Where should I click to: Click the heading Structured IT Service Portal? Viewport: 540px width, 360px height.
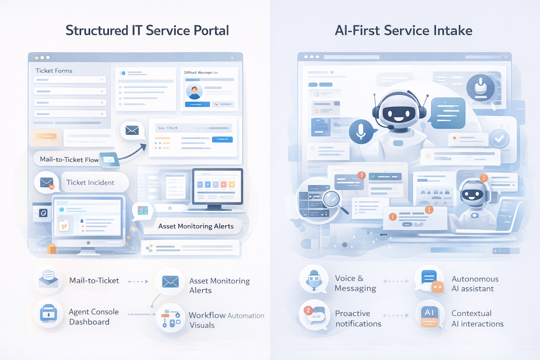(x=147, y=31)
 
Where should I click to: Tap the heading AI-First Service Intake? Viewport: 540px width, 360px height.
(x=403, y=31)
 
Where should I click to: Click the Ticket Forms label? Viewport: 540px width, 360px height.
(x=54, y=71)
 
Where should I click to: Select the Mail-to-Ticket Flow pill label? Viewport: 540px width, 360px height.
(x=69, y=159)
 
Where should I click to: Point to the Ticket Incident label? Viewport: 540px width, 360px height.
(x=90, y=182)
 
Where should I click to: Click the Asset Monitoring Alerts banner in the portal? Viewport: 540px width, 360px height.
(x=196, y=226)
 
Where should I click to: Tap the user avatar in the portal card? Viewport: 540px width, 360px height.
(x=194, y=91)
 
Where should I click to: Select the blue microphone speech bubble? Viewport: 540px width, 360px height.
(x=361, y=131)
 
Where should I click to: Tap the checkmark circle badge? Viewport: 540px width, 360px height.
(x=499, y=139)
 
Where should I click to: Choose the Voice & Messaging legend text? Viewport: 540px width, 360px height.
(x=355, y=283)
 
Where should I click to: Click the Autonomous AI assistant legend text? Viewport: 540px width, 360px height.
(x=475, y=284)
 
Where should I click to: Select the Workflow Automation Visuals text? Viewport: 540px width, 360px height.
(x=226, y=320)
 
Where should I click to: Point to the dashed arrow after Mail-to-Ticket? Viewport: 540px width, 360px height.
(x=138, y=282)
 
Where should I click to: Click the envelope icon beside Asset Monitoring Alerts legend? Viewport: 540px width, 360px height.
(x=171, y=282)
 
